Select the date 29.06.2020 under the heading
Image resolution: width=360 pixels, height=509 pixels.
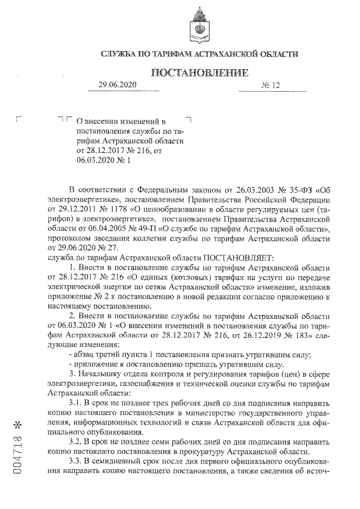click(x=116, y=85)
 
